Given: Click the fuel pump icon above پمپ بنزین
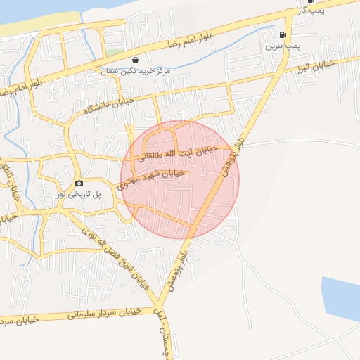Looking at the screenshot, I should pos(283,34).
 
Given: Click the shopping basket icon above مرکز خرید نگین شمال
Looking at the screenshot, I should pos(135,60).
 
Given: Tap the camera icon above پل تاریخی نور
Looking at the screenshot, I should pos(79,182).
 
